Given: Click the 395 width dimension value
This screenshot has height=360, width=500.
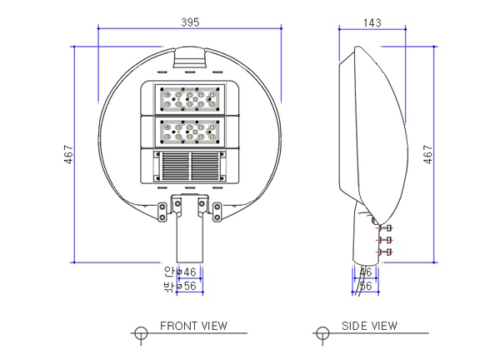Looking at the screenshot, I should pyautogui.click(x=191, y=22).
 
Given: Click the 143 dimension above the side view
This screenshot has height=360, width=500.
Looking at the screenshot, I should pyautogui.click(x=372, y=22).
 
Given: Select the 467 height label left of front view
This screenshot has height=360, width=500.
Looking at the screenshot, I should pyautogui.click(x=68, y=156).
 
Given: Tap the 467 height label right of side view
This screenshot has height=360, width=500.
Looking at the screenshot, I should pyautogui.click(x=428, y=156).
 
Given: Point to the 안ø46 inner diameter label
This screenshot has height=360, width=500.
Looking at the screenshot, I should pyautogui.click(x=180, y=272).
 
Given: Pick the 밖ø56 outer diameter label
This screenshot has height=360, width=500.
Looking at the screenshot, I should pyautogui.click(x=180, y=286).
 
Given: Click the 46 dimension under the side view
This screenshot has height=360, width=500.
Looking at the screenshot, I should pyautogui.click(x=365, y=272).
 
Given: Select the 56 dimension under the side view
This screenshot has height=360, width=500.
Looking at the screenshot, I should pyautogui.click(x=365, y=286).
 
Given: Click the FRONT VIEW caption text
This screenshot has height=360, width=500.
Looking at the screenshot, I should pyautogui.click(x=192, y=326).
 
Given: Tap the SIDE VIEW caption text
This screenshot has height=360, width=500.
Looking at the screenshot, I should pyautogui.click(x=369, y=326).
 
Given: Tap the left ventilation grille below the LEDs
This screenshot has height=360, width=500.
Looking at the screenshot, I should pyautogui.click(x=174, y=165).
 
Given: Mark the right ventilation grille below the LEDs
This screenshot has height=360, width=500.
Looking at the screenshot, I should pyautogui.click(x=207, y=165).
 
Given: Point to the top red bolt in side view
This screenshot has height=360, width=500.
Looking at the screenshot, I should pyautogui.click(x=384, y=227).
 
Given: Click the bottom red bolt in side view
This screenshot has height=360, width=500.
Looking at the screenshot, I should pyautogui.click(x=384, y=251).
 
